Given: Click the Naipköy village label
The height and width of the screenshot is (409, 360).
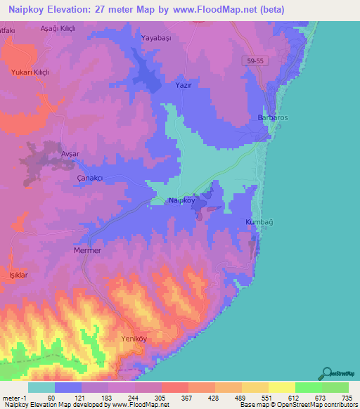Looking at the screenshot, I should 181,201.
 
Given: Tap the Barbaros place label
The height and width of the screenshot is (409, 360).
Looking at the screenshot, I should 273,117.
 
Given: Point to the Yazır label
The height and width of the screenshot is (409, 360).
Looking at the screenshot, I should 184,84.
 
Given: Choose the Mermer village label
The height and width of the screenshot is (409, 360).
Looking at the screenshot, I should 87,250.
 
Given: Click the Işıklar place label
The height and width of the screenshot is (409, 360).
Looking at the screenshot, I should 18,275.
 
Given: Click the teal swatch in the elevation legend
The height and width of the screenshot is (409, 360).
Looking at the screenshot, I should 41,387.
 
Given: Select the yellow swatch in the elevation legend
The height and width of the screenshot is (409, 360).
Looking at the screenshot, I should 281,387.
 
